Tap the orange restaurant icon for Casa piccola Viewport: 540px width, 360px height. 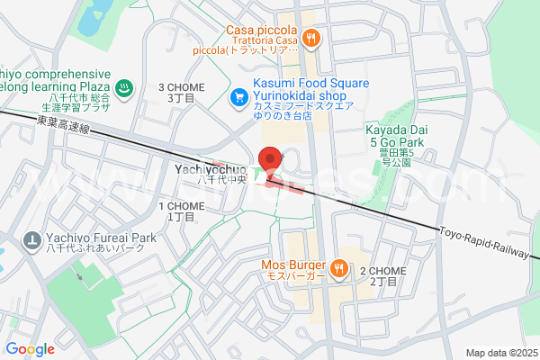click(311, 37)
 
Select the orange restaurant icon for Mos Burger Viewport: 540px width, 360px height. click(339, 266)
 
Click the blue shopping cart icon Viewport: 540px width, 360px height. click(240, 95)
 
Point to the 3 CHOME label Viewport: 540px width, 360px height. click(182, 87)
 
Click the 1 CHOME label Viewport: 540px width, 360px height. click(182, 207)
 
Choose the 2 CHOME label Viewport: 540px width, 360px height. click(379, 271)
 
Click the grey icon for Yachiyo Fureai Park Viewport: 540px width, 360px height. click(31, 240)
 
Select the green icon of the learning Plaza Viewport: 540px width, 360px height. click(125, 87)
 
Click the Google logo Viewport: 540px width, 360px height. click(31, 349)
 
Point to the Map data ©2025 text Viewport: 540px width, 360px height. click(499, 352)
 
